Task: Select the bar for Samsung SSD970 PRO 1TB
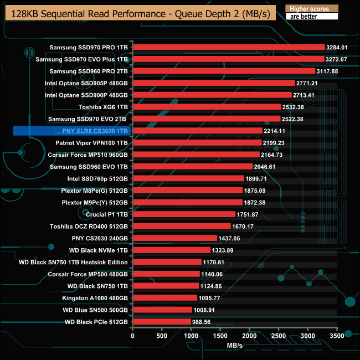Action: (229, 47)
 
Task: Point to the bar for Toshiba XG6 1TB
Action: (207, 107)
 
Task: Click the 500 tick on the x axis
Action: (162, 336)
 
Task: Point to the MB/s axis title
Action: (234, 347)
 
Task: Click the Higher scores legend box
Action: (311, 9)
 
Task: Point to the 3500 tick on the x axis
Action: (337, 336)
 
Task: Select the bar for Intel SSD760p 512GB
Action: (188, 178)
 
